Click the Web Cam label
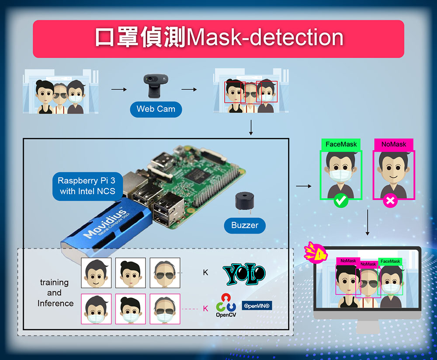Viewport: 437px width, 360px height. point(156,109)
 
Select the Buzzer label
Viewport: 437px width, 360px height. point(245,225)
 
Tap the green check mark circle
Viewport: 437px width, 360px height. point(341,200)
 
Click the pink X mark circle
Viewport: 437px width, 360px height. point(390,200)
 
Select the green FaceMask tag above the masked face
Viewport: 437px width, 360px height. point(341,144)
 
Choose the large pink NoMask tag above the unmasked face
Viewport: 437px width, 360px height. point(394,144)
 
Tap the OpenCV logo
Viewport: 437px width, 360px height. point(226,305)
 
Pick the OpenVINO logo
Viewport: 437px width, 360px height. point(257,306)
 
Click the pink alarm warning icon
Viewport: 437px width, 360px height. point(316,252)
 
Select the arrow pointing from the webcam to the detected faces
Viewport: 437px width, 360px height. point(189,89)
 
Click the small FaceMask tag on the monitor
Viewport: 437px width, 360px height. point(390,261)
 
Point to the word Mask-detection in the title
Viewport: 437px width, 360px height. point(265,37)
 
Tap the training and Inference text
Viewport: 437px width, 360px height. point(55,293)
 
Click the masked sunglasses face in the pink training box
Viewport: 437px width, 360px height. point(165,309)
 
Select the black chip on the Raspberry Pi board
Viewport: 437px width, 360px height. point(199,175)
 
